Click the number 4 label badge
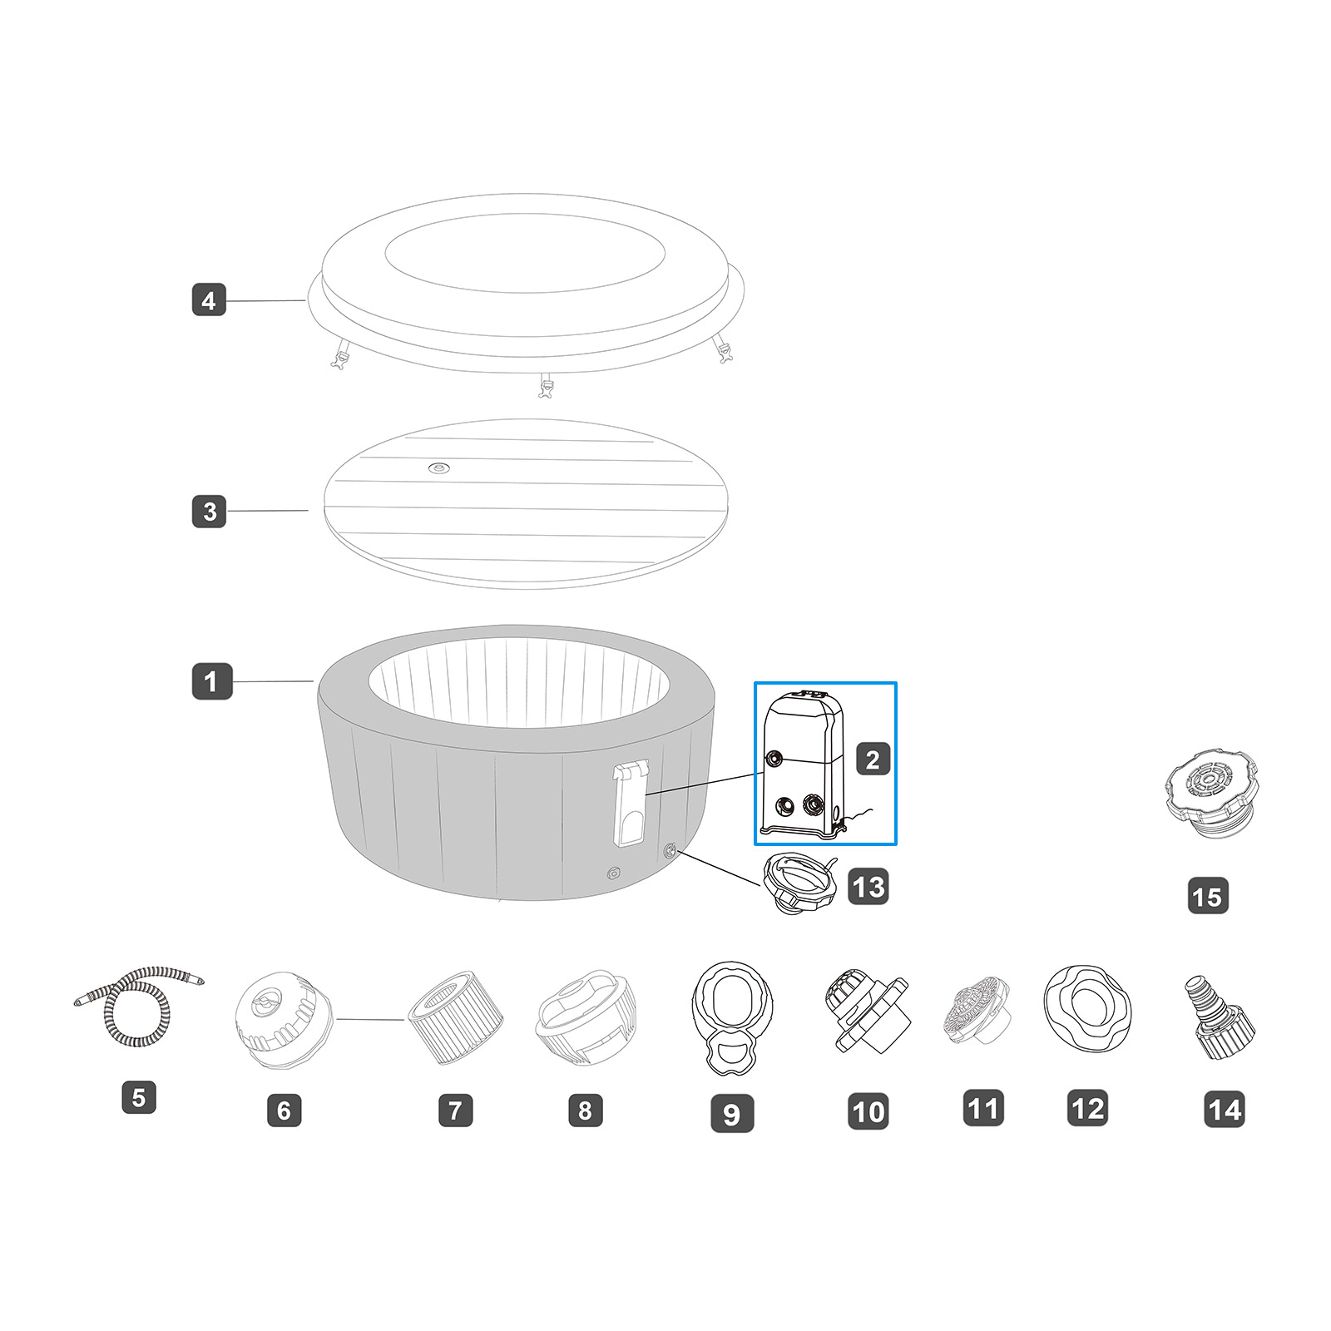coord(209,300)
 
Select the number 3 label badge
coord(209,512)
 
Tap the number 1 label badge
coord(211,681)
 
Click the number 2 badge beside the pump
coord(873,760)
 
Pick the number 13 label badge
coord(868,887)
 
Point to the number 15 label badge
coord(1207,897)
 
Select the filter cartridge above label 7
coord(455,1017)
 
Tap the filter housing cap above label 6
coord(283,1019)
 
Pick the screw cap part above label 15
coord(1212,794)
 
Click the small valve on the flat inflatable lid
coord(438,468)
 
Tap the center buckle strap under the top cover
coord(546,386)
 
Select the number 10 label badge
coord(868,1112)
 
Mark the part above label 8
coord(585,1017)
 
